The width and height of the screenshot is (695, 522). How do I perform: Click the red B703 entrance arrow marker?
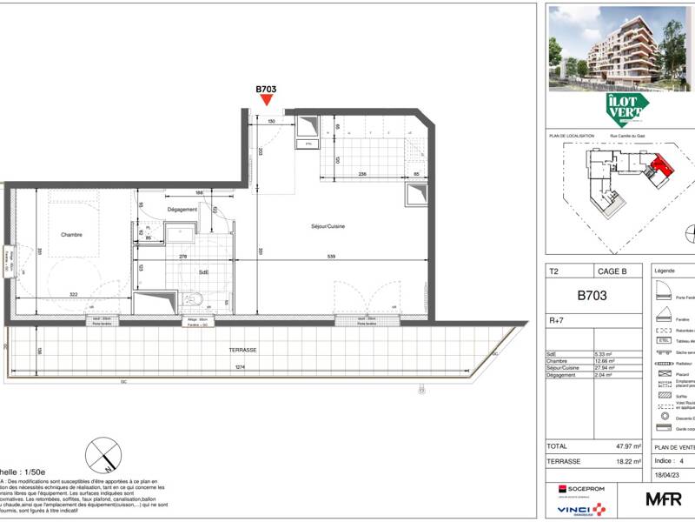point(266,102)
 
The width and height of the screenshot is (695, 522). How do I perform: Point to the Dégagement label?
point(182,210)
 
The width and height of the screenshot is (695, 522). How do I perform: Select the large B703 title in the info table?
point(592,296)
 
